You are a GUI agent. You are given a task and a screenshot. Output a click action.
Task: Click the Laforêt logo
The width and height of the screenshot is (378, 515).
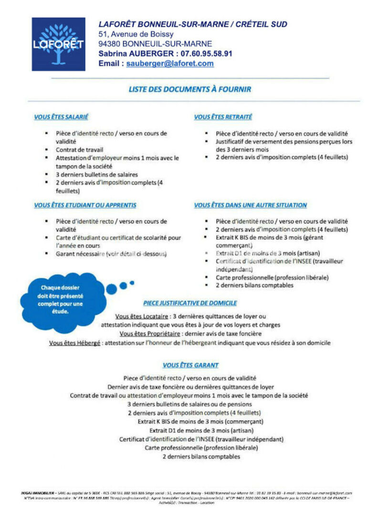point(58,44)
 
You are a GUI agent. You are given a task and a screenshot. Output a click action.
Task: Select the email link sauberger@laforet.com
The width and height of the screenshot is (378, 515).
point(169,63)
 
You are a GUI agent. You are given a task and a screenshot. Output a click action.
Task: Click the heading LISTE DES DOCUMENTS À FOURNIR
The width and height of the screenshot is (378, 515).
point(189,89)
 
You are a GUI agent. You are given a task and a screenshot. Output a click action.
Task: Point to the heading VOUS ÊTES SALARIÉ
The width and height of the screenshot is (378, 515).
point(61,117)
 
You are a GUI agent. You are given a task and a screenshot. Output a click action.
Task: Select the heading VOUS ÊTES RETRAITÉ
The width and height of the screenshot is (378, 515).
point(223,117)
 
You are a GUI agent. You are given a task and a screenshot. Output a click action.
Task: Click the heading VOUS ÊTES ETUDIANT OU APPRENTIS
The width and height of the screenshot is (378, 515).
point(85,205)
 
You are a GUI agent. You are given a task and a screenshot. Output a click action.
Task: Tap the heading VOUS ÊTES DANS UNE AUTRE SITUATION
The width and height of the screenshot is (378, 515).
point(250,205)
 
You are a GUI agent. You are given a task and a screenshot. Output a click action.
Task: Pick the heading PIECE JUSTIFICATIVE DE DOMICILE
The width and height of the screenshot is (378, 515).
point(190,303)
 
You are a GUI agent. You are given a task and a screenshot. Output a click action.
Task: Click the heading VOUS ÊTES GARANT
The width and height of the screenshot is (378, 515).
point(190,365)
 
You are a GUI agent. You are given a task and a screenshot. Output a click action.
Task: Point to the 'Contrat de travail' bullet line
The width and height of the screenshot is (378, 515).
point(79,150)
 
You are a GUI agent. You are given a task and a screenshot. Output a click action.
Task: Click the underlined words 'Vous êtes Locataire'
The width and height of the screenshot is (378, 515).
point(142,316)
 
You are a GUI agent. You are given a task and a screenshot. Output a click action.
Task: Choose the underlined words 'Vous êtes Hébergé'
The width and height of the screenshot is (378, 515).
point(74,342)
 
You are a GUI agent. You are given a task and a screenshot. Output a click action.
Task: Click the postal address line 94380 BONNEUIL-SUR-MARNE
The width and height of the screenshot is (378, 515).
point(155,43)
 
